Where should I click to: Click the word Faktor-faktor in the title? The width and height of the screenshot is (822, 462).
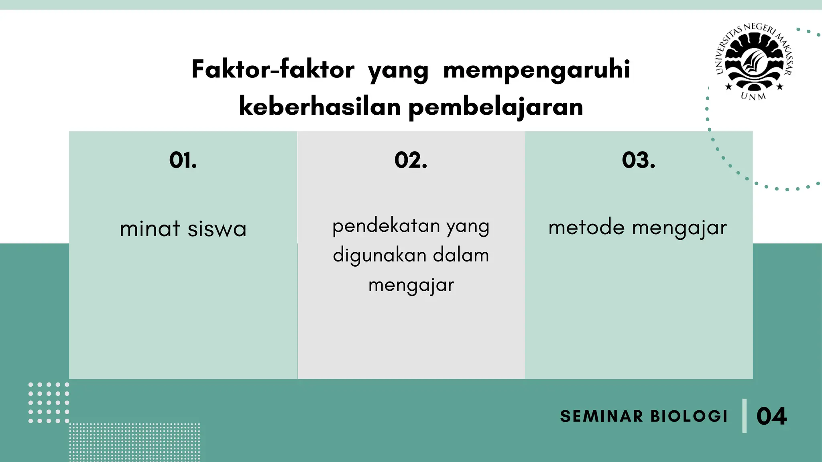coord(273,70)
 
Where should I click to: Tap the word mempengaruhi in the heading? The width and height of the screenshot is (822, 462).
coord(537,70)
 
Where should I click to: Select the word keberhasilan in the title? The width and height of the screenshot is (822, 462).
coord(320,107)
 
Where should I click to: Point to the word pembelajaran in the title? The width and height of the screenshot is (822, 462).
coord(496,107)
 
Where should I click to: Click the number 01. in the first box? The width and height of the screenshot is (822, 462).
coord(183,160)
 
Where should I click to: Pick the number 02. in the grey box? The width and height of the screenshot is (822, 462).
coord(411,160)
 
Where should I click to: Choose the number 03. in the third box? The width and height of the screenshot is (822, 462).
coord(639,160)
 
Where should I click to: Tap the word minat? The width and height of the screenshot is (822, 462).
coord(150,229)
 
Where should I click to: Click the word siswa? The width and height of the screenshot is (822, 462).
coord(217,229)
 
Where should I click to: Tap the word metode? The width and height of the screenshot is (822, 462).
coord(586,227)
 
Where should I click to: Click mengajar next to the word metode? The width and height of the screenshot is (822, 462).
coord(679,227)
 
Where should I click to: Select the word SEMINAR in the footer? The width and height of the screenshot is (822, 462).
coord(601,416)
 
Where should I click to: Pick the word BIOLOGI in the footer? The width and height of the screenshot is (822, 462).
coord(689,416)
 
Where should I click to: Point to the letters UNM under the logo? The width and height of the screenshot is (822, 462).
coord(753,96)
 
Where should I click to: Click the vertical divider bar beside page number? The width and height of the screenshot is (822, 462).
coord(745,415)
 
